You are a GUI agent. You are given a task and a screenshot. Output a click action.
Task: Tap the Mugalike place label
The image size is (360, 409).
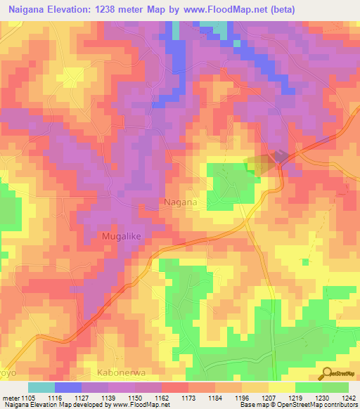click(x=122, y=237)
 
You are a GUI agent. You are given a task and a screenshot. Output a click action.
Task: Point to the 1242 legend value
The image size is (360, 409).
click(x=340, y=398)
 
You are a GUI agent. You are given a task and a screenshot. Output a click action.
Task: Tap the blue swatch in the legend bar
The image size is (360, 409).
click(x=68, y=387)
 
